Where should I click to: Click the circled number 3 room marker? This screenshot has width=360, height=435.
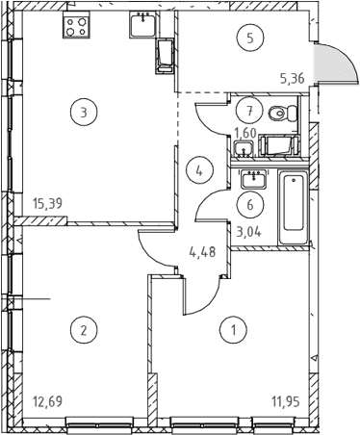point(84,113)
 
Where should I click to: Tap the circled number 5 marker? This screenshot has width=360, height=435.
point(250,38)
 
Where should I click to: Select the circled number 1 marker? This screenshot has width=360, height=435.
point(234,329)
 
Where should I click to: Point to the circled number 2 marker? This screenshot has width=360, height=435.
point(84,329)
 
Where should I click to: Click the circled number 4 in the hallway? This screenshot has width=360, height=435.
point(199,171)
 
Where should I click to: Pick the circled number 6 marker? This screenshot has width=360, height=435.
point(250,204)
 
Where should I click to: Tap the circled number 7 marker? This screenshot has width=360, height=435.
point(249,111)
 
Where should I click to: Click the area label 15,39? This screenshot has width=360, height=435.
point(47,203)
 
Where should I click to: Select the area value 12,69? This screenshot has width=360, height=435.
point(47,401)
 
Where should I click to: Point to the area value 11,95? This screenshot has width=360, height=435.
point(286,401)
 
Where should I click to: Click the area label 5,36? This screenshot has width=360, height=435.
point(292,78)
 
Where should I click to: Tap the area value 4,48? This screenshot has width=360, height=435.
point(202,252)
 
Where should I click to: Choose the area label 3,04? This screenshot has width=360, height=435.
point(249,231)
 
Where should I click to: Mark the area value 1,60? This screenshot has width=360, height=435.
point(245,133)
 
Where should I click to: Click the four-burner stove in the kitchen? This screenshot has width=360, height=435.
point(76,27)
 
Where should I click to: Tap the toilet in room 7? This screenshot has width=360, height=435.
point(282,114)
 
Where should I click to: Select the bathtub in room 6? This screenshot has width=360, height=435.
point(294,208)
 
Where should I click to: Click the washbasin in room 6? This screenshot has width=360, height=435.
point(254,179)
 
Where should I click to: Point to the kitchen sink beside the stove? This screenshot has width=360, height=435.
point(142,24)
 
